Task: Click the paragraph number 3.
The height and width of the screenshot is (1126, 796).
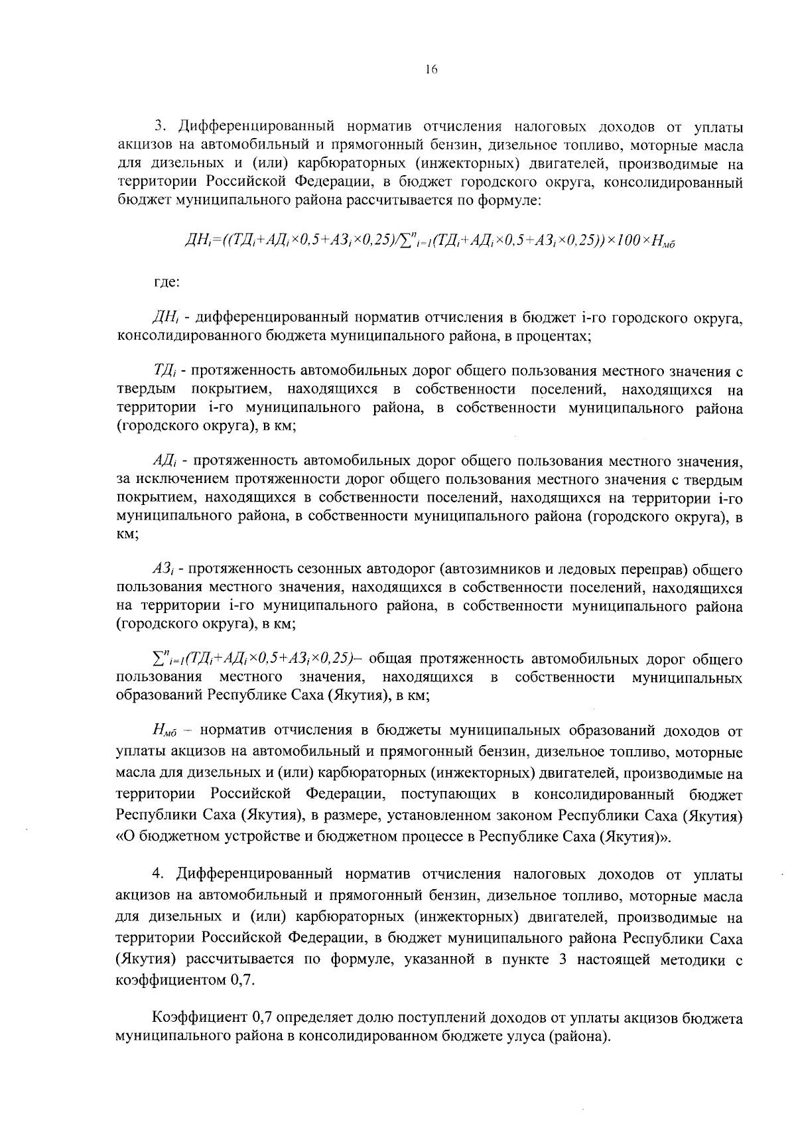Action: pos(159,127)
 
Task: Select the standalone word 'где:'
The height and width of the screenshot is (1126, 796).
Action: pos(166,281)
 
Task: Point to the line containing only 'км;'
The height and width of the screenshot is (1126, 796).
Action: pos(127,535)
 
